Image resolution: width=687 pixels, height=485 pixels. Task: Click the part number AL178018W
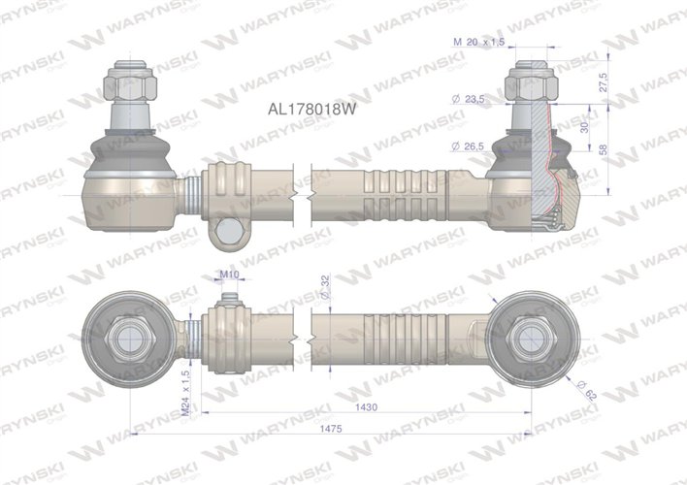point(311,110)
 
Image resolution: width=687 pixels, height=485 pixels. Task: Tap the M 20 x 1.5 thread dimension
point(477,43)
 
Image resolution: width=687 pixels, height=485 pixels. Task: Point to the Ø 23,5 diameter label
point(468,100)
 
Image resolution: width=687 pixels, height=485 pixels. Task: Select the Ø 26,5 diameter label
point(468,145)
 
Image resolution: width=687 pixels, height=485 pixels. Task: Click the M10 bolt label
point(229,275)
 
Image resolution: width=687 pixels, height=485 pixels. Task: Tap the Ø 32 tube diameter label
point(324,287)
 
